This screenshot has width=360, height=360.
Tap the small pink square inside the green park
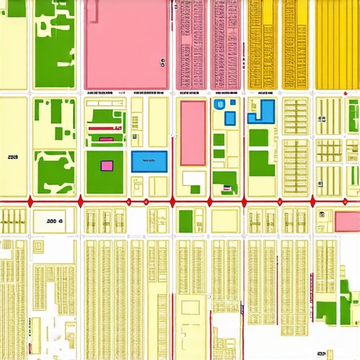coord(107,165)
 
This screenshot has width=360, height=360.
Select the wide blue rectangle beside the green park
coord(149,161)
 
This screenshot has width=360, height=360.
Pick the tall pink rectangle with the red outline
coord(193,134)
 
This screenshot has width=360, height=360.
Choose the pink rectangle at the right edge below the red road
coord(347,222)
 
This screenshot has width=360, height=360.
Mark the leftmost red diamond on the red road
coord(30,202)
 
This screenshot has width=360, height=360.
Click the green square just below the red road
coord(186,221)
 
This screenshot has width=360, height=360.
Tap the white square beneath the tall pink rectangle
coord(192,176)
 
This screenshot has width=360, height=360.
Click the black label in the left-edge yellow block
coord(12,157)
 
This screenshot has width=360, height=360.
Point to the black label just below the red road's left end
coord(54,221)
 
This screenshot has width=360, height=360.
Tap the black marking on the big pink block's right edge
coord(162,63)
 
